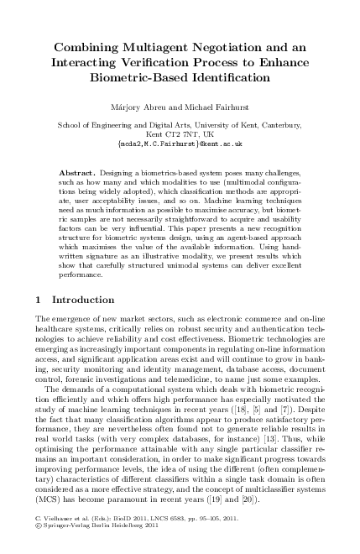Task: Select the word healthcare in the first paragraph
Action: (55, 353)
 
